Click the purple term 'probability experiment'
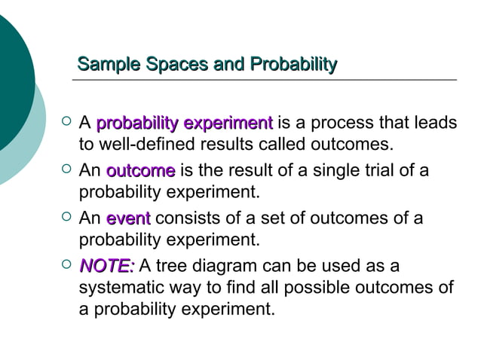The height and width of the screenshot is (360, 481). [x=184, y=123]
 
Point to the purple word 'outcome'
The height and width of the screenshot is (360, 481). [x=140, y=171]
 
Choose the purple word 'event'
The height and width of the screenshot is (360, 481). [x=128, y=219]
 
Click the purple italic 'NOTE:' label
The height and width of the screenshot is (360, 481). [x=107, y=267]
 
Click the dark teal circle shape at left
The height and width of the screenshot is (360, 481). [x=11, y=75]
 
